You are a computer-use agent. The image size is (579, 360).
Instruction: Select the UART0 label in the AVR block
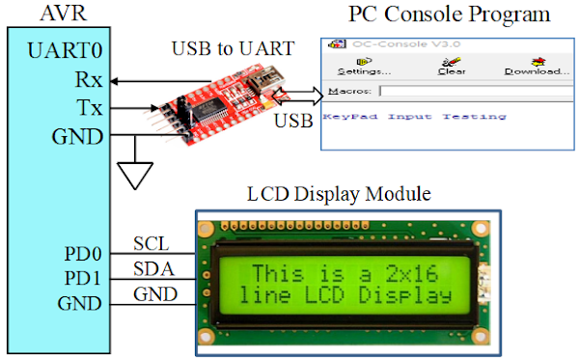click(x=65, y=51)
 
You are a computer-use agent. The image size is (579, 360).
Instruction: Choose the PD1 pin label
click(x=79, y=280)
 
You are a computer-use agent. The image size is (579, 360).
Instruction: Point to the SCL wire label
click(x=152, y=242)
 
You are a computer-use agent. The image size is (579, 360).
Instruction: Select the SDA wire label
click(x=152, y=267)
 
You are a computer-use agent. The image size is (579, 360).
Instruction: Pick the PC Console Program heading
click(x=449, y=14)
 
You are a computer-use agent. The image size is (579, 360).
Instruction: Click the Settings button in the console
click(x=363, y=65)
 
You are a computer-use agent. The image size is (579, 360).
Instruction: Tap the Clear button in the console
click(x=452, y=65)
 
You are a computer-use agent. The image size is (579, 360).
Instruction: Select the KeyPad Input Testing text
click(x=414, y=117)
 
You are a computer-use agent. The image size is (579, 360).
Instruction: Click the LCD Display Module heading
click(x=338, y=194)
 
